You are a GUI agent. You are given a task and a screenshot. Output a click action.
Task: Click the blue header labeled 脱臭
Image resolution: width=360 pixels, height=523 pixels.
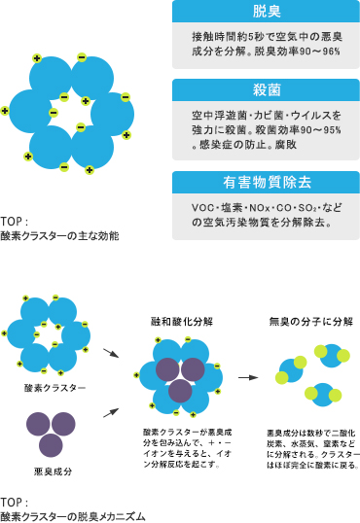point(265,12)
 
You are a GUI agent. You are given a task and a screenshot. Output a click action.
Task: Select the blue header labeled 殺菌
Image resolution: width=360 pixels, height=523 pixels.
point(265,90)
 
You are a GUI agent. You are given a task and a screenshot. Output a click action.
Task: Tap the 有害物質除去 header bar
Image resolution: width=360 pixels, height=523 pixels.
point(265,183)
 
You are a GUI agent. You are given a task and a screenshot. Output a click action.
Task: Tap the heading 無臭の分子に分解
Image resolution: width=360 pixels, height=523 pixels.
point(310,321)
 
